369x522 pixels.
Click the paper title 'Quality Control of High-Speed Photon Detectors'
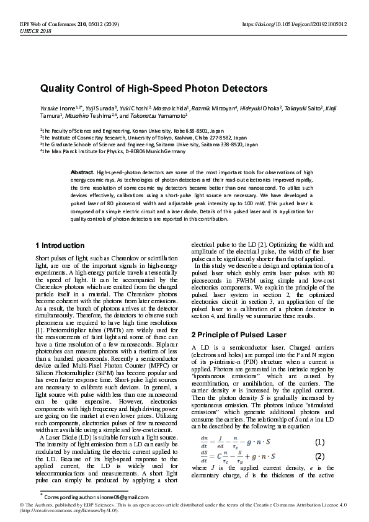click(145, 89)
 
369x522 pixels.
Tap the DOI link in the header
click(294, 24)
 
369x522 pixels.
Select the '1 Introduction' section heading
click(60, 246)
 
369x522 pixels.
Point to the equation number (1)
click(319, 442)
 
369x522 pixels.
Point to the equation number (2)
click(319, 456)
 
